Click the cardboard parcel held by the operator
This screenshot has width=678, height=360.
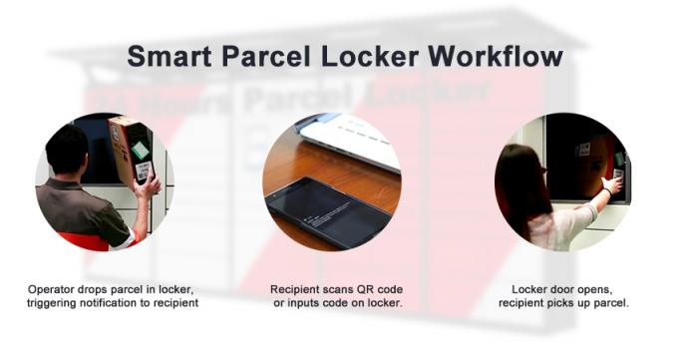(132, 150)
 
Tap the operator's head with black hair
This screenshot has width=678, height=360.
(69, 150)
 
